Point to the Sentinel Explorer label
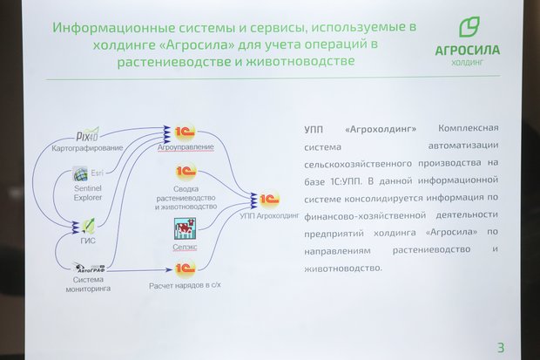click(88, 191)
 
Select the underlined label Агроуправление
click(185, 147)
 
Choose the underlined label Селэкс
click(186, 247)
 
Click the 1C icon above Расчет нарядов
click(184, 268)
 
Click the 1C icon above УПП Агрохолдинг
click(267, 199)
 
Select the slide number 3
click(500, 347)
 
